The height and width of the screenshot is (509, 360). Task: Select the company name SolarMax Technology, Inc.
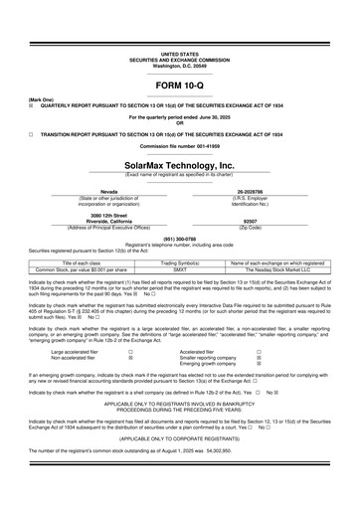coord(179,165)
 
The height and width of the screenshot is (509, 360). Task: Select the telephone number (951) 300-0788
coord(179,239)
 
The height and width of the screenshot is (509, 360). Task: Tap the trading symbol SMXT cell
coord(179,268)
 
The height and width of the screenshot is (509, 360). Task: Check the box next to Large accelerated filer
coord(129,351)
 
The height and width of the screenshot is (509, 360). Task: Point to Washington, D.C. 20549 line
coord(179,63)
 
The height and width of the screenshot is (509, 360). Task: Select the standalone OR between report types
coord(179,122)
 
